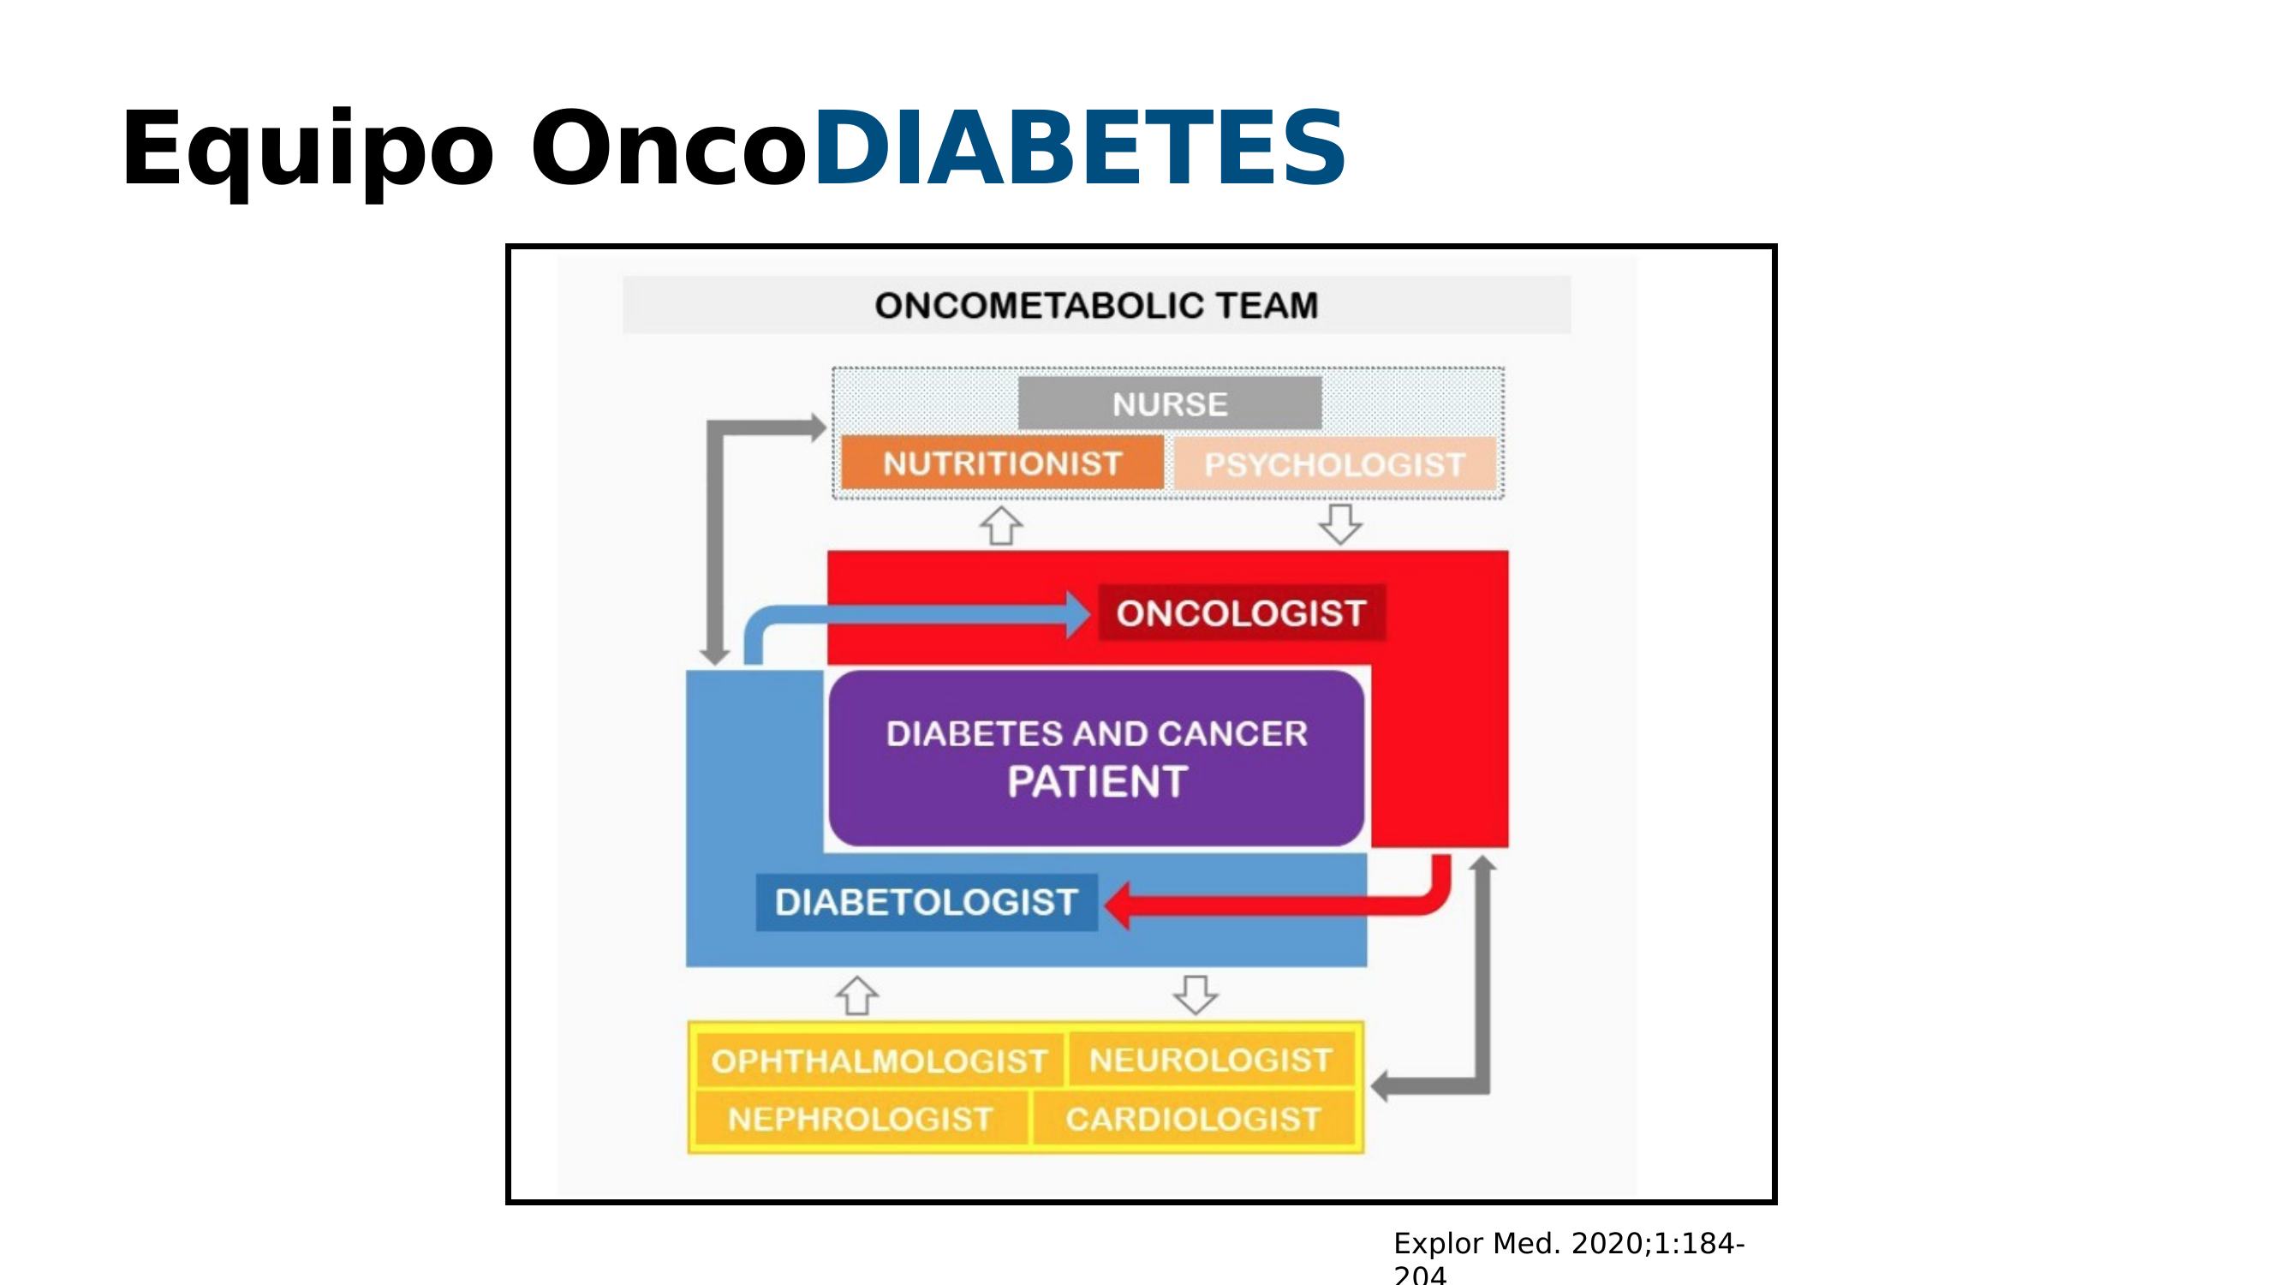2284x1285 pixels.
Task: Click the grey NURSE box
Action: click(x=1170, y=403)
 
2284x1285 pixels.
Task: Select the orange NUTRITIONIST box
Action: click(x=1002, y=462)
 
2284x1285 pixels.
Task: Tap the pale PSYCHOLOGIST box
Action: click(x=1334, y=463)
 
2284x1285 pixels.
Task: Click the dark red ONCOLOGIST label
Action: click(x=1241, y=613)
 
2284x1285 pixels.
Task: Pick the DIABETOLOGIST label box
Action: click(x=927, y=902)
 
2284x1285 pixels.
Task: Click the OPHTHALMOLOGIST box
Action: click(x=880, y=1060)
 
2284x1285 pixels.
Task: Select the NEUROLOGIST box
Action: click(x=1211, y=1059)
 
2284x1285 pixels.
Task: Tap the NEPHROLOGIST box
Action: click(x=861, y=1118)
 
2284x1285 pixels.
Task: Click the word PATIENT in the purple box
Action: click(x=1097, y=781)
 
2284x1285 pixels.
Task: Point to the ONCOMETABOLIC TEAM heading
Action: click(x=1097, y=305)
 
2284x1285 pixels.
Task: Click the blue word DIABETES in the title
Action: click(x=1079, y=148)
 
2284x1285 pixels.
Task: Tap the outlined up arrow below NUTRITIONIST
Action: click(x=1001, y=526)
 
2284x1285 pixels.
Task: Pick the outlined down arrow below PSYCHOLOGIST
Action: click(x=1340, y=524)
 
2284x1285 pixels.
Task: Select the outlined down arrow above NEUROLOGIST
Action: click(x=1196, y=995)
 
